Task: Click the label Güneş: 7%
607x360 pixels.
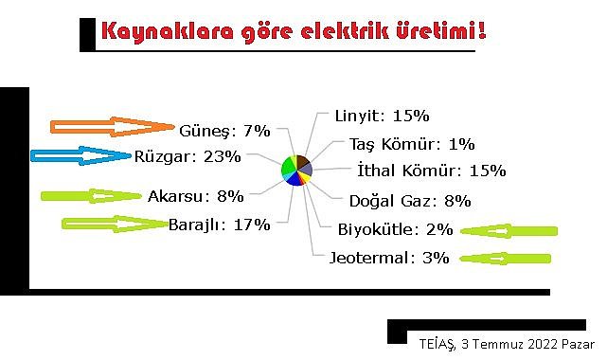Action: click(225, 129)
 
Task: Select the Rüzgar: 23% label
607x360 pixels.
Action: click(187, 155)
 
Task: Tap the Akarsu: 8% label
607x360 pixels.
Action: click(196, 197)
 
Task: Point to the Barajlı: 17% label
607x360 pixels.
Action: click(220, 225)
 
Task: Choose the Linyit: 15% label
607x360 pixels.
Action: click(382, 116)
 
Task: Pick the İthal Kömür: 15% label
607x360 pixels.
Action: click(432, 171)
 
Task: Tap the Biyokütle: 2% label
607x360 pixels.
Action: click(395, 229)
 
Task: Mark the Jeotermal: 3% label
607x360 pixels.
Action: click(389, 257)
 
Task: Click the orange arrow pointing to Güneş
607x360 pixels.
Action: click(112, 127)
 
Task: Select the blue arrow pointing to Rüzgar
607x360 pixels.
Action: click(80, 156)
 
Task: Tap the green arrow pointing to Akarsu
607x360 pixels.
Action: click(91, 197)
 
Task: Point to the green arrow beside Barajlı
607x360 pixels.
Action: click(113, 225)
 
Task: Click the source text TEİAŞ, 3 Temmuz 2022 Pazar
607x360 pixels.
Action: click(506, 343)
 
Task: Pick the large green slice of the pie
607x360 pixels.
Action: click(288, 167)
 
